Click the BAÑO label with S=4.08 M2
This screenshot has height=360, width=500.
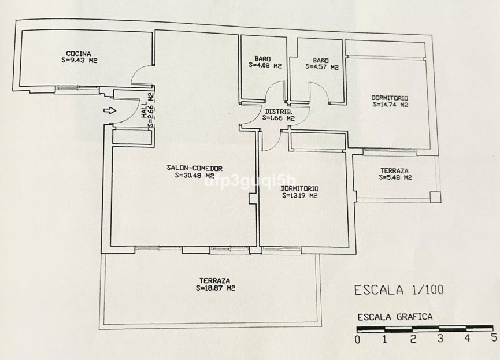pos(261,59)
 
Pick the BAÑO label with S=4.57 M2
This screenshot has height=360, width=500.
pos(321,60)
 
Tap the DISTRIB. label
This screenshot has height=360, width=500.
pos(279,110)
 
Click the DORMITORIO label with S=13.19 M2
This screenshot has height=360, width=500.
pos(299,188)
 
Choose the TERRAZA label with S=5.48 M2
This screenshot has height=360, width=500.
pos(395,170)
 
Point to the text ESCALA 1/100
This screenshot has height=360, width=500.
pos(399,290)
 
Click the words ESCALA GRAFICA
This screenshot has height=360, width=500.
pos(395,317)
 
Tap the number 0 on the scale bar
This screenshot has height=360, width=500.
pos(358,339)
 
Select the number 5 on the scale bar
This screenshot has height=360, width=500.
pos(493,338)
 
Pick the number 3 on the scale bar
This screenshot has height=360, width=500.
pos(440,339)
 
